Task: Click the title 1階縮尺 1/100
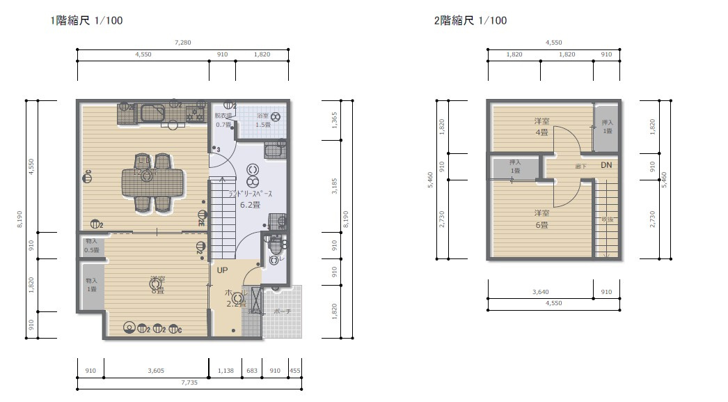point(86,21)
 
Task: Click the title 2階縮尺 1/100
point(470,21)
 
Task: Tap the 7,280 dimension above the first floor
point(182,43)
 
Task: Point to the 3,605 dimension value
point(156,371)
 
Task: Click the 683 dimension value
point(251,371)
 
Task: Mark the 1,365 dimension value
point(335,120)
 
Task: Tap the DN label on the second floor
point(606,165)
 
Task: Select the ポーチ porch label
point(283,311)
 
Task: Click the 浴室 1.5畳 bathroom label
point(263,120)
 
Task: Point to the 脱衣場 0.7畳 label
point(223,120)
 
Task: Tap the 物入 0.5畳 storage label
point(91,245)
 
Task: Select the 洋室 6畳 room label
point(541,219)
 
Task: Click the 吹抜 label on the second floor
point(607,219)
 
